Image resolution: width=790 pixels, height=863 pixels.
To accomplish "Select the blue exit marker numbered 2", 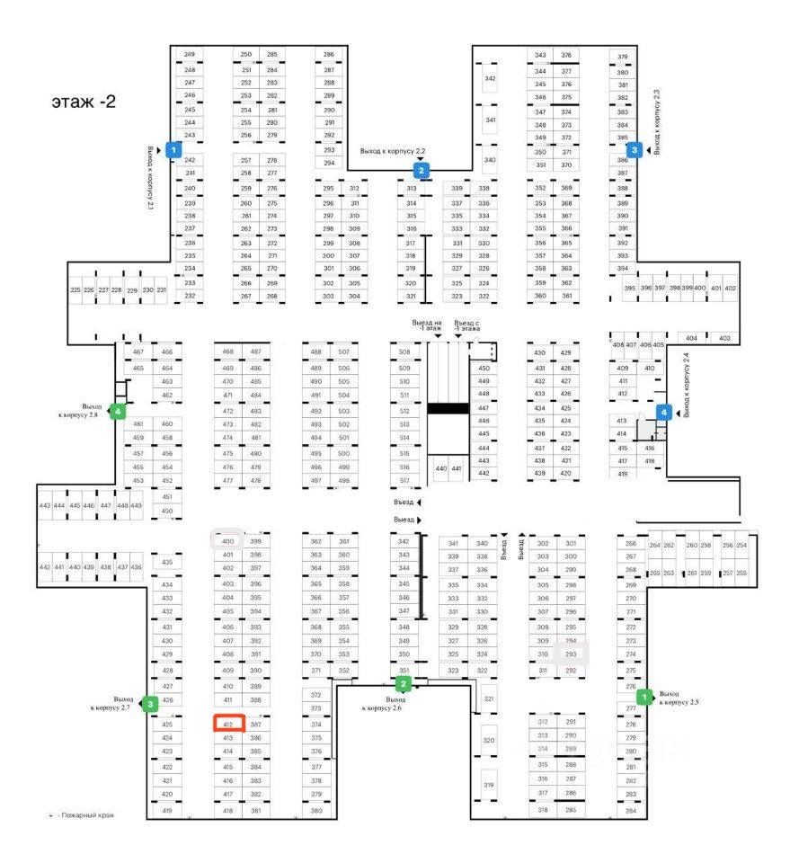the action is coord(421,169).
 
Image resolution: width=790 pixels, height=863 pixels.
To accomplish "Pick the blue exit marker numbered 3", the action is coord(635,150).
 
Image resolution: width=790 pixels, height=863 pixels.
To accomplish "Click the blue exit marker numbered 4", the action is coord(664,413).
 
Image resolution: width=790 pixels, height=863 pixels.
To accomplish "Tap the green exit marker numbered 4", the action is coord(117,412).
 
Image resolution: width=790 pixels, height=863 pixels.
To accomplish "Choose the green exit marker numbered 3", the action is coord(151,704).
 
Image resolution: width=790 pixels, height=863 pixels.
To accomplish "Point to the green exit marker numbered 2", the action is coord(404,684).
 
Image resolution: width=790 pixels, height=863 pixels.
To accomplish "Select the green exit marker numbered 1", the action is coord(644,697).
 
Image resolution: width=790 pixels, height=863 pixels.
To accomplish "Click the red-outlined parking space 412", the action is coord(228,724).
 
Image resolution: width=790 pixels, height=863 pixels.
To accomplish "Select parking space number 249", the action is coord(190,56).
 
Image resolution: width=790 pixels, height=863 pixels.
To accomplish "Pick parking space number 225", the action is coord(75,289).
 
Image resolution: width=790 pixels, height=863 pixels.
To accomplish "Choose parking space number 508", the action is coord(404,352).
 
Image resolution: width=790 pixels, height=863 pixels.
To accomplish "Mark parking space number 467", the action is coord(138,352).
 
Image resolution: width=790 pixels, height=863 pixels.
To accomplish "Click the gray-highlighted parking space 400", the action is coord(227,540).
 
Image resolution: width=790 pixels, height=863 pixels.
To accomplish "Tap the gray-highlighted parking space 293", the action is coord(570,654).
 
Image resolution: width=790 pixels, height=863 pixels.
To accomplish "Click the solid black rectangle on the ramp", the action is coord(447,408).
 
